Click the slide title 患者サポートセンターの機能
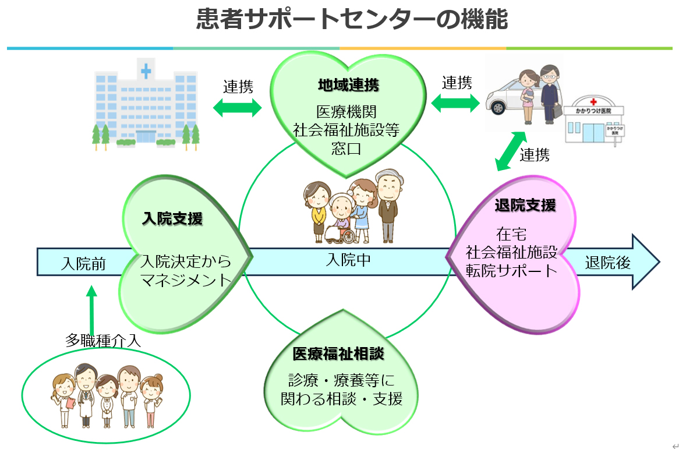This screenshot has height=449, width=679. pos(352,19)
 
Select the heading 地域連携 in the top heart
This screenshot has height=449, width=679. pos(348,86)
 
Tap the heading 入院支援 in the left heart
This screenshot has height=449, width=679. pos(172,219)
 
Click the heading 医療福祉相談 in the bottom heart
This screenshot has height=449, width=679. pos(338,353)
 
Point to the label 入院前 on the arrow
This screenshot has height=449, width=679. pos(83,264)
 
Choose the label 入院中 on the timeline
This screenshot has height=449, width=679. pos(348,260)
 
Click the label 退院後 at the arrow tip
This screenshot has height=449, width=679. pos(607,263)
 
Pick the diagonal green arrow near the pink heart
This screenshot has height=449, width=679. pos(509,151)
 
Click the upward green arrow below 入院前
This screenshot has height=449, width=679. pos(91,309)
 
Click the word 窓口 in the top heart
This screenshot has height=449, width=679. pos(348,148)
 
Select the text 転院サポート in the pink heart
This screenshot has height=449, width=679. pos(511,271)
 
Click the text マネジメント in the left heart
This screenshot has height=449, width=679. pos(186,280)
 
